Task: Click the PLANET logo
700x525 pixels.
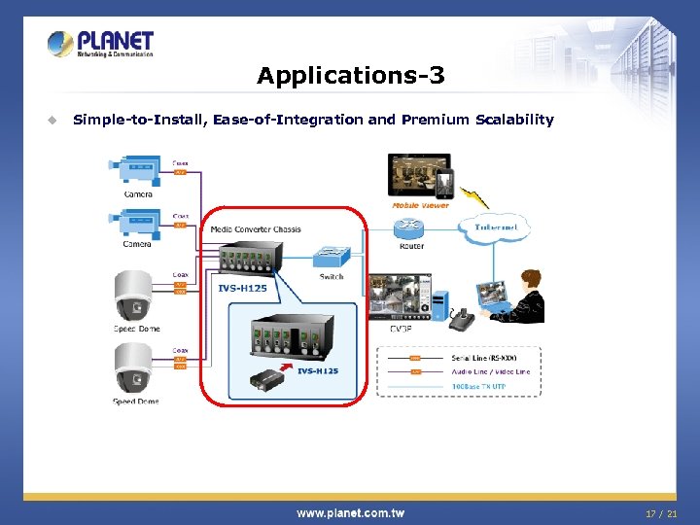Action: tap(101, 44)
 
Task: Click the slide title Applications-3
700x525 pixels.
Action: tap(350, 75)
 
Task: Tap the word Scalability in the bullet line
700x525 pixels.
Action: tap(514, 120)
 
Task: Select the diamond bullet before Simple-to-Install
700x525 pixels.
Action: tap(52, 121)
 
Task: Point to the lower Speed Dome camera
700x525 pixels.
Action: tap(135, 371)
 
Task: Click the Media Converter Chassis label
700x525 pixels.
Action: tap(256, 229)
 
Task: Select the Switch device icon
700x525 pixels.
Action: tap(332, 258)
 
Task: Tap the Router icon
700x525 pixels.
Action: tap(411, 228)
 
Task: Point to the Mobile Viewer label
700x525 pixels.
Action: tap(420, 205)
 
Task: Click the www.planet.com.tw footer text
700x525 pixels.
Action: tap(350, 512)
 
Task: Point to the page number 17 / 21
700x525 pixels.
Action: tap(660, 512)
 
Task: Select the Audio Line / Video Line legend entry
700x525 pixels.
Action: tap(490, 372)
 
